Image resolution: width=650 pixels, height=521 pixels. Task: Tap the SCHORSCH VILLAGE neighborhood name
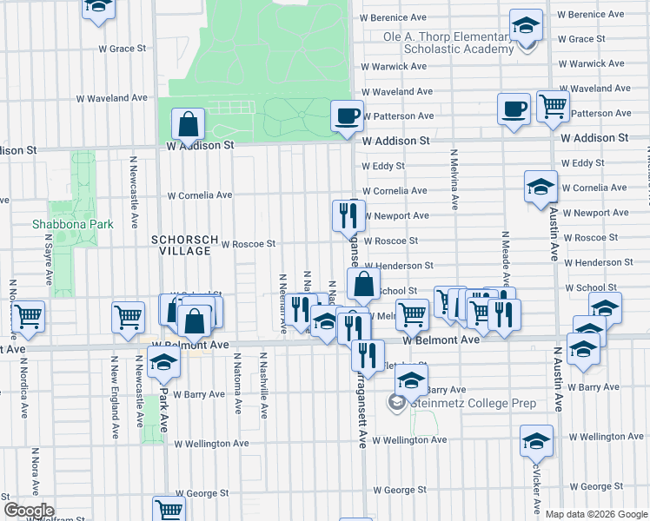181,245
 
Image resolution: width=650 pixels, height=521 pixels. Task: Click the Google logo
29,511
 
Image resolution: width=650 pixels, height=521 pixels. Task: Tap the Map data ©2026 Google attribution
595,514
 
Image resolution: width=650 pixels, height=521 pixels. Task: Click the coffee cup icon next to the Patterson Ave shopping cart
514,109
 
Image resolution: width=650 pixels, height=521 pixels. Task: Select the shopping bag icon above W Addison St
189,125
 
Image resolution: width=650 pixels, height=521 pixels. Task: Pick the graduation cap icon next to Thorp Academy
526,26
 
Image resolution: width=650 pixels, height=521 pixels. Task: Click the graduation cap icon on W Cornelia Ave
541,187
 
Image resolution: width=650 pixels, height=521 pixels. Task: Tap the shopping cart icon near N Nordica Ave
29,316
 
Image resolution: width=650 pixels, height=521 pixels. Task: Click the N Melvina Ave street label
454,180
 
